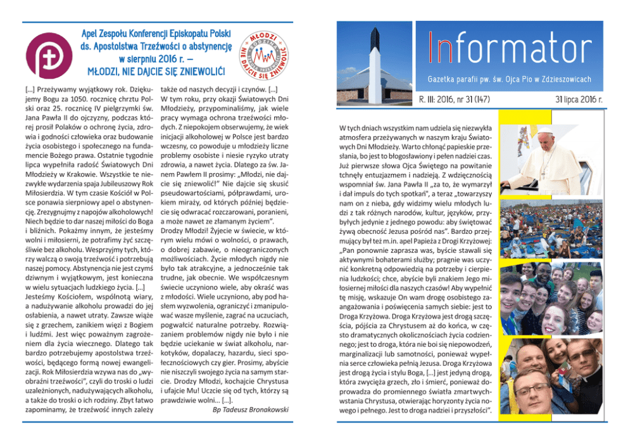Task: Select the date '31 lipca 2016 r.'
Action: (x=579, y=100)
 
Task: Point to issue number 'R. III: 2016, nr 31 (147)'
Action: (x=454, y=100)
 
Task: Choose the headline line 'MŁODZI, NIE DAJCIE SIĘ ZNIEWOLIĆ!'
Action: (x=156, y=69)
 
